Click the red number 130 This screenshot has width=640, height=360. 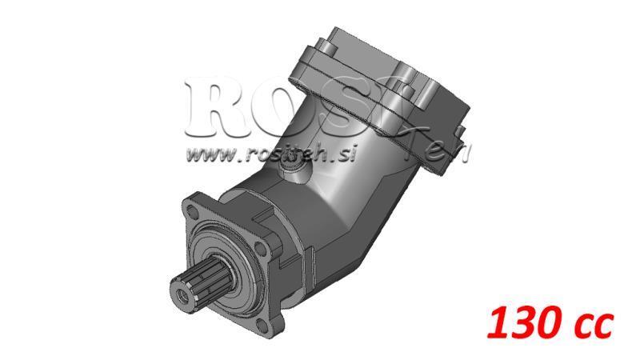[520, 324]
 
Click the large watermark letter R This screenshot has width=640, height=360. [214, 104]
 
